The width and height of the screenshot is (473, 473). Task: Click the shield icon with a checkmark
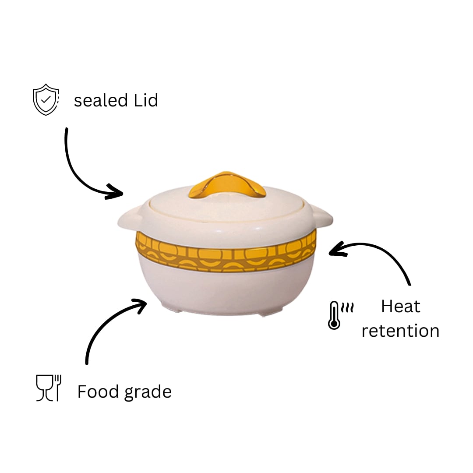click(46, 99)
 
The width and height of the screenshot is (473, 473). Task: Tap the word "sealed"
click(101, 100)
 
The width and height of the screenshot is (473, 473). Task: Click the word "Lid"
click(146, 100)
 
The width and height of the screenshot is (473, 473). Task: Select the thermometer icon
click(334, 315)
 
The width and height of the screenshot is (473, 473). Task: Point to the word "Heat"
click(401, 307)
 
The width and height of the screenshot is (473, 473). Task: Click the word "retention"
click(400, 331)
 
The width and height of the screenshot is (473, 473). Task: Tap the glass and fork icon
click(49, 388)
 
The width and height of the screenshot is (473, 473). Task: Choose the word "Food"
click(98, 391)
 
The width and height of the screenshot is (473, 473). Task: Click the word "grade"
click(148, 392)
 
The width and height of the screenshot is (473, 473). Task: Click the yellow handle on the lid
click(227, 185)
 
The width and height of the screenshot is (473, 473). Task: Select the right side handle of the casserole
click(322, 216)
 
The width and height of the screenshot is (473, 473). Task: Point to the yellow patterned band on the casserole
click(226, 252)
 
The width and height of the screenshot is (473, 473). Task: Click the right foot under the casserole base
click(271, 312)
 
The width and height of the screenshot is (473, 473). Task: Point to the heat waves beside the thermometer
click(347, 307)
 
